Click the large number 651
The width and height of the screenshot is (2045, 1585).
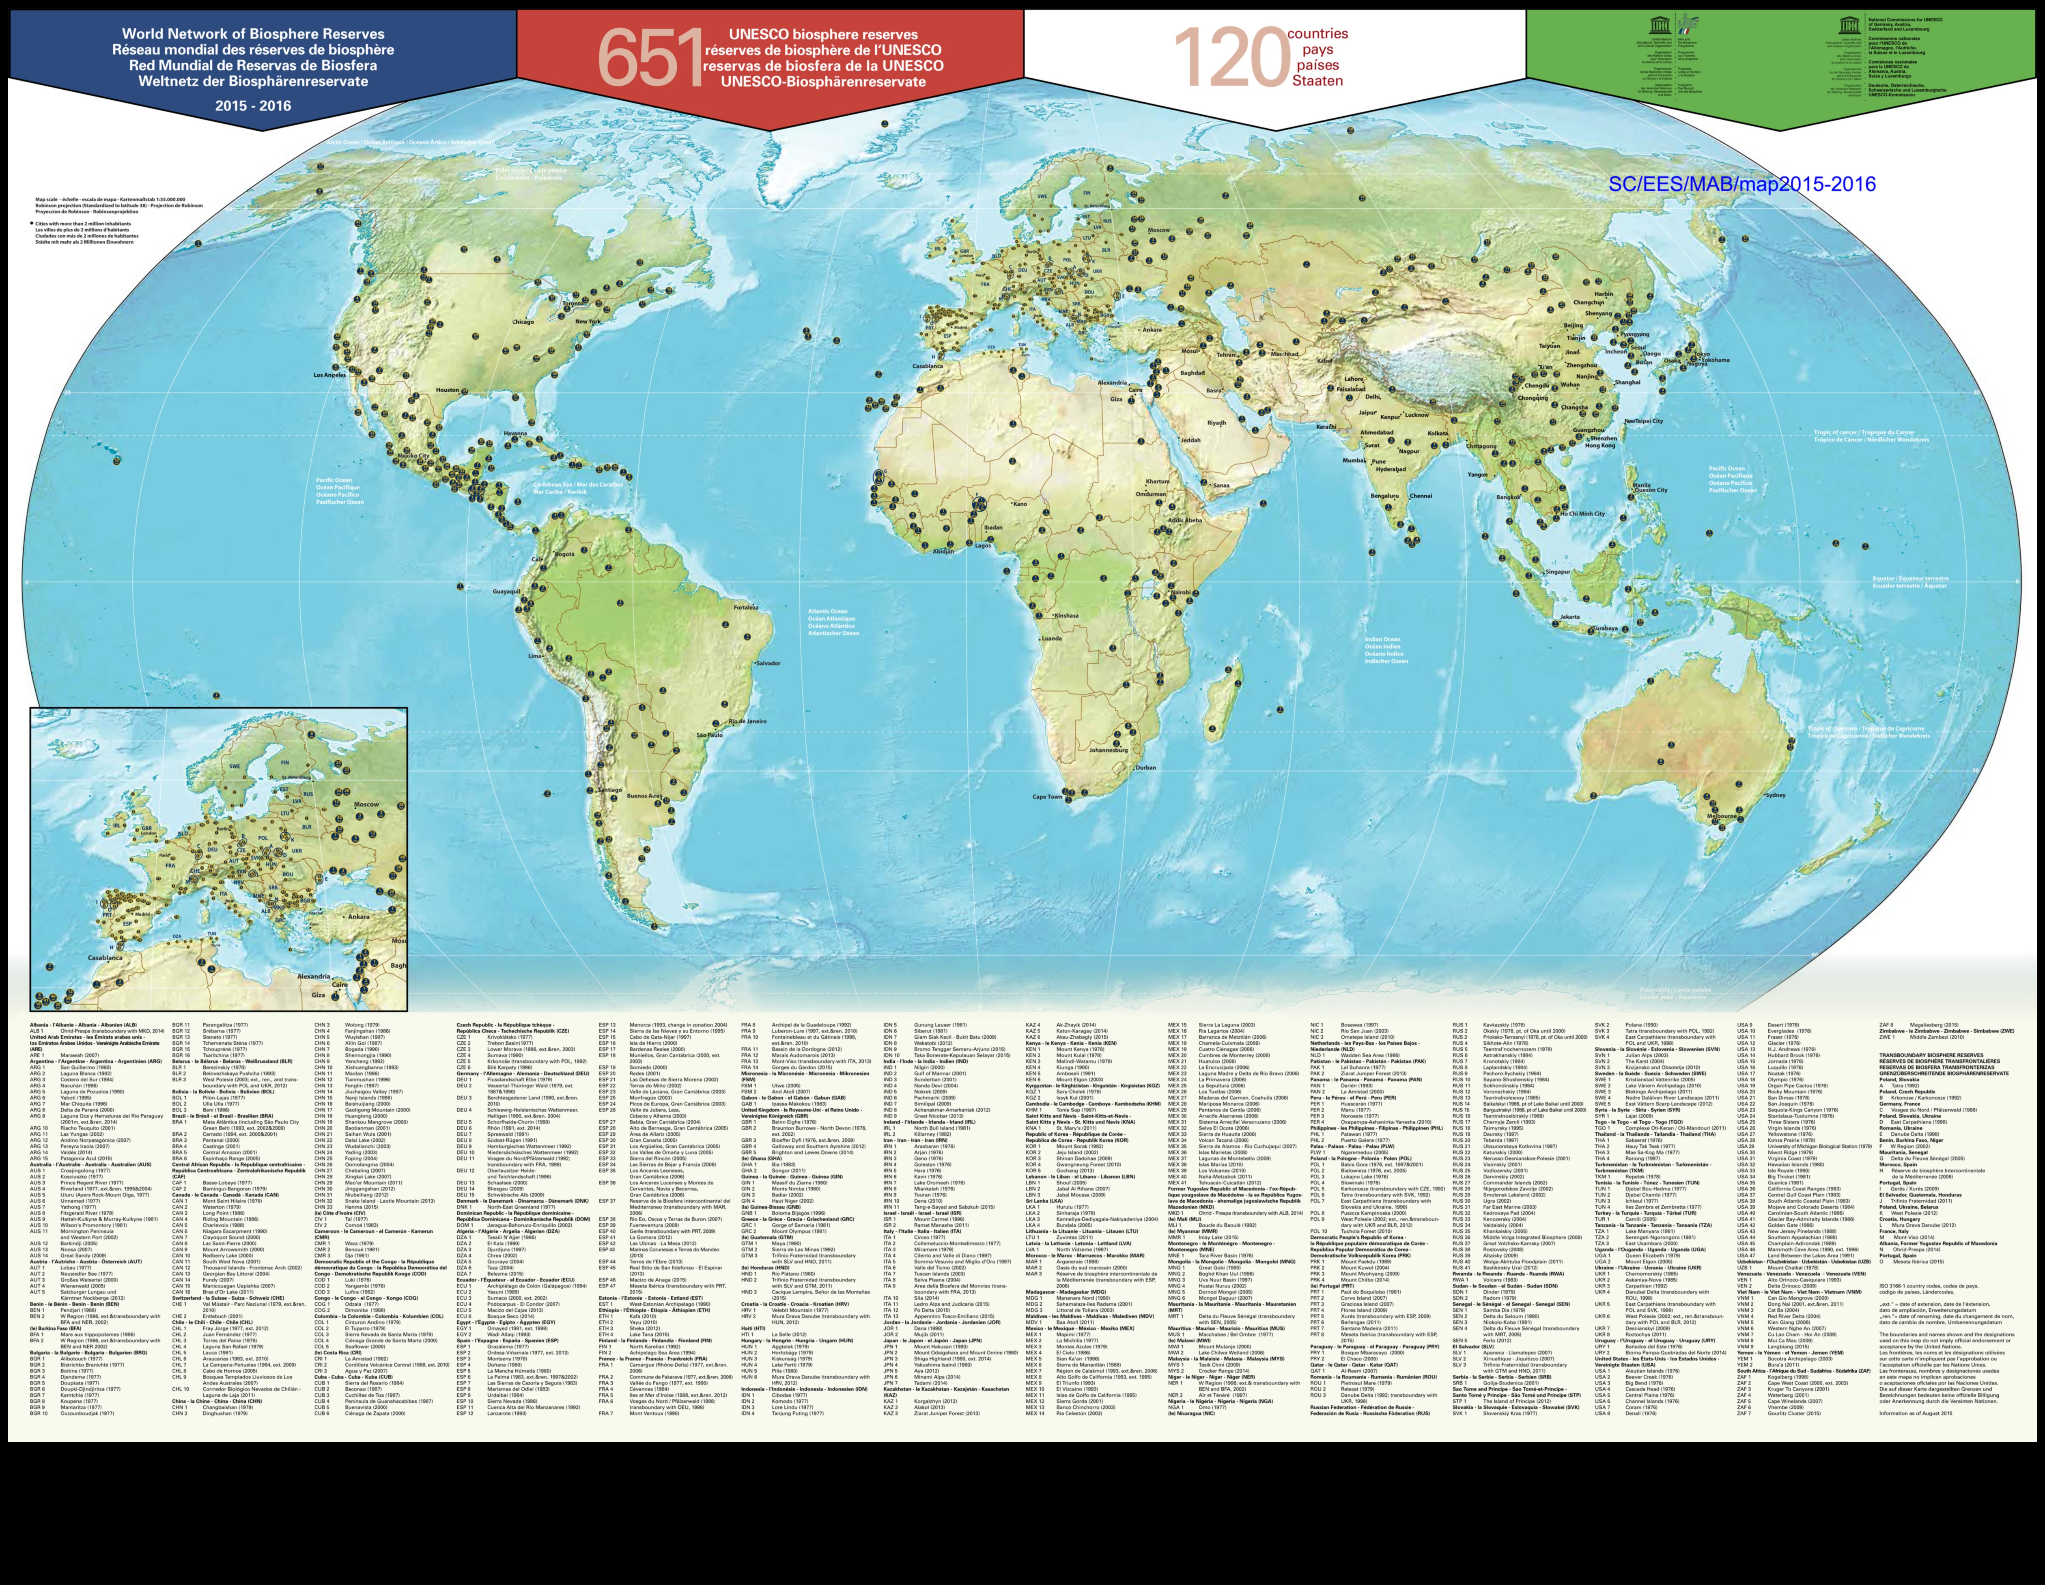[649, 57]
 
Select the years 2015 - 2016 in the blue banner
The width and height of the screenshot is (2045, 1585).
[253, 106]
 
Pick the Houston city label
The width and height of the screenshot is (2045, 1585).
[448, 390]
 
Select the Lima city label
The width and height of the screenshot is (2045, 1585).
[535, 656]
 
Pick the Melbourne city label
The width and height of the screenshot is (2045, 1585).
[1723, 816]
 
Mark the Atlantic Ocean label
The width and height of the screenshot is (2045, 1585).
[831, 622]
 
